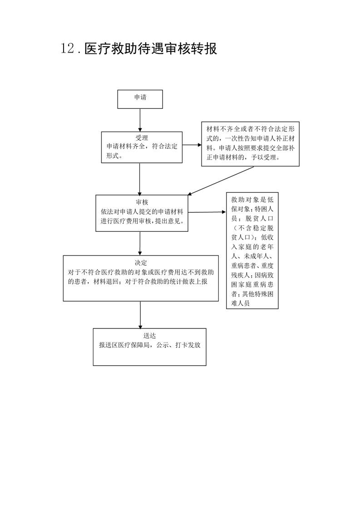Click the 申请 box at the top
pos(140,99)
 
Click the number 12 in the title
pos(68,49)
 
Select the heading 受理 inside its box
pos(142,138)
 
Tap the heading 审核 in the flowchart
pos(142,202)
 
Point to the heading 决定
pos(141,263)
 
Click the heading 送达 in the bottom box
pos(149,336)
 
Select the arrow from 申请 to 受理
pos(140,120)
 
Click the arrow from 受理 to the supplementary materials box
pos(192,145)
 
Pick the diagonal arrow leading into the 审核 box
pos(221,181)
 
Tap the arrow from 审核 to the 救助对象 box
pos(207,212)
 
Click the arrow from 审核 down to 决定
pos(140,244)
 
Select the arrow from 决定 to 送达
pos(140,315)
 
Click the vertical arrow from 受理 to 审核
pos(140,179)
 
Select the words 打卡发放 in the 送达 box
pos(188,345)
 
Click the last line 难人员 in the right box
pos(241,303)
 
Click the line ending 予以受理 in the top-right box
pos(243,157)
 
